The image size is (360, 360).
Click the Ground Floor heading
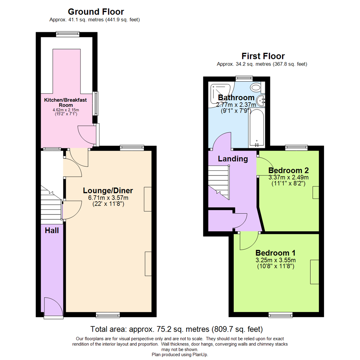coord(96,12)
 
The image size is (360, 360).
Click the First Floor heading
coord(263,56)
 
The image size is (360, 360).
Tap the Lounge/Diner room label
coord(108,191)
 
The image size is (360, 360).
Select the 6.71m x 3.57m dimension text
coord(108,198)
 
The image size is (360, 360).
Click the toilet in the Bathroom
coord(256,88)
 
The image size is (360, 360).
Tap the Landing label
coord(233,159)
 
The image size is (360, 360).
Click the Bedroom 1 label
coord(275,252)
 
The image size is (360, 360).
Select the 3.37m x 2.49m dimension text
coord(288,177)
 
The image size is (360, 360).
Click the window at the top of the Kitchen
coord(68,33)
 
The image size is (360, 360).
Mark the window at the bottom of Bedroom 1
coord(281,315)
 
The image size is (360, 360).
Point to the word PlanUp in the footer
coord(199,355)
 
